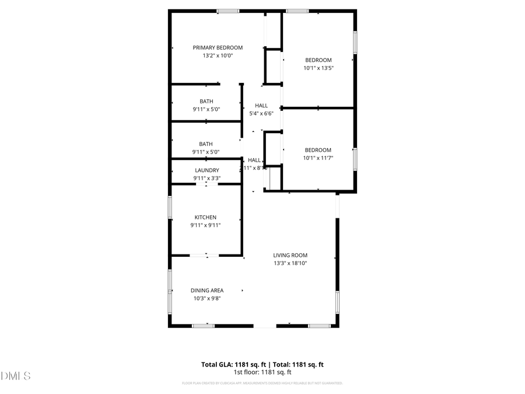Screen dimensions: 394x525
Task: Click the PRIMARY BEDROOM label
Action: coord(218,48)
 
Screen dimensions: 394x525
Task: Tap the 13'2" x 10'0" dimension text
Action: coord(218,56)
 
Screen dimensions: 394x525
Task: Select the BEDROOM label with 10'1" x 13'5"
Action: coord(318,60)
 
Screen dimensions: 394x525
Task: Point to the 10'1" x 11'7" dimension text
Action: coord(318,158)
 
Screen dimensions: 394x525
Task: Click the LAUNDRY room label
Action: coord(206,170)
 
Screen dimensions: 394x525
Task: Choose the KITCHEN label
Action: coord(206,218)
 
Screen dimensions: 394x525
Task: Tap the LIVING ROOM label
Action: coord(290,255)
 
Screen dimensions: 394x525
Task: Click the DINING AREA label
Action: coord(207,291)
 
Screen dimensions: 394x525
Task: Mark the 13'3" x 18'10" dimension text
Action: coord(290,263)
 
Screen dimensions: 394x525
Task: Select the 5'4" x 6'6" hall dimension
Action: coord(261,114)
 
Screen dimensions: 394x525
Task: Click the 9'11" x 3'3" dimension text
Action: coord(206,178)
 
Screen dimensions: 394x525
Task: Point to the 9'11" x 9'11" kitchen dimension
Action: coord(206,225)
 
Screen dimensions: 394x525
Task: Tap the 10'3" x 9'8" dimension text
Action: coord(207,298)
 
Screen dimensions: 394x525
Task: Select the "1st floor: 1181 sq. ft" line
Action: coord(262,372)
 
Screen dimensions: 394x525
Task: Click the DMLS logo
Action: coord(16,376)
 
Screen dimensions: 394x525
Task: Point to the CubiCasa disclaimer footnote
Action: coord(262,383)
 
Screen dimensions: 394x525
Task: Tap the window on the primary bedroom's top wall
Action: coord(228,11)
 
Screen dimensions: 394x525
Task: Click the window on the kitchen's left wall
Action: coord(170,208)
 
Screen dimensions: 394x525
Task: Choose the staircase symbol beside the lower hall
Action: coord(273,178)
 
